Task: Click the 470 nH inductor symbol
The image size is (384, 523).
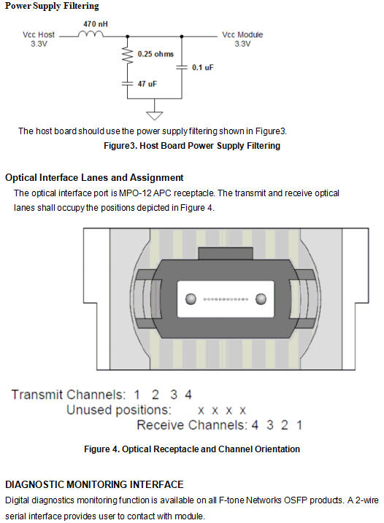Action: [91, 34]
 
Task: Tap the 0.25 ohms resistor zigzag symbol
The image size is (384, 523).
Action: [127, 55]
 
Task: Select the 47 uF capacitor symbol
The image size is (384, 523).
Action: [127, 83]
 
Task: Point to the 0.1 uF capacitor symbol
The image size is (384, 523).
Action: [182, 67]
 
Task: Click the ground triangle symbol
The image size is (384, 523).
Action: [154, 115]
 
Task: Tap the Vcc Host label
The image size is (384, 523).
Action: [39, 39]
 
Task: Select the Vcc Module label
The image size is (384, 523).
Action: [242, 39]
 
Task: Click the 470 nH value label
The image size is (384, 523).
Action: [96, 24]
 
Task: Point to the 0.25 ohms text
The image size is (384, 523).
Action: [155, 54]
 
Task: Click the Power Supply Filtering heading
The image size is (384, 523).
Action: [52, 6]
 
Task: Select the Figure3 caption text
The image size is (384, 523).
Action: [192, 146]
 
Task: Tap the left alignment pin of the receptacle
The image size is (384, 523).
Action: [191, 299]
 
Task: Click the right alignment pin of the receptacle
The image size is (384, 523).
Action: [261, 299]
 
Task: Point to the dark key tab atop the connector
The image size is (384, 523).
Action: [226, 254]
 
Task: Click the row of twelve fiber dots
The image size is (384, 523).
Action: [226, 299]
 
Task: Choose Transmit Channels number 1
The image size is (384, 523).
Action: [137, 395]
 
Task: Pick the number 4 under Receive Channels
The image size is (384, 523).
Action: [255, 425]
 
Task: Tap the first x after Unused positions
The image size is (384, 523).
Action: [201, 411]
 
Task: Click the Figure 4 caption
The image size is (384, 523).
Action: [192, 449]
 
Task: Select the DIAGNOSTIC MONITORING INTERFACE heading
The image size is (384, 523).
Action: [94, 484]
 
